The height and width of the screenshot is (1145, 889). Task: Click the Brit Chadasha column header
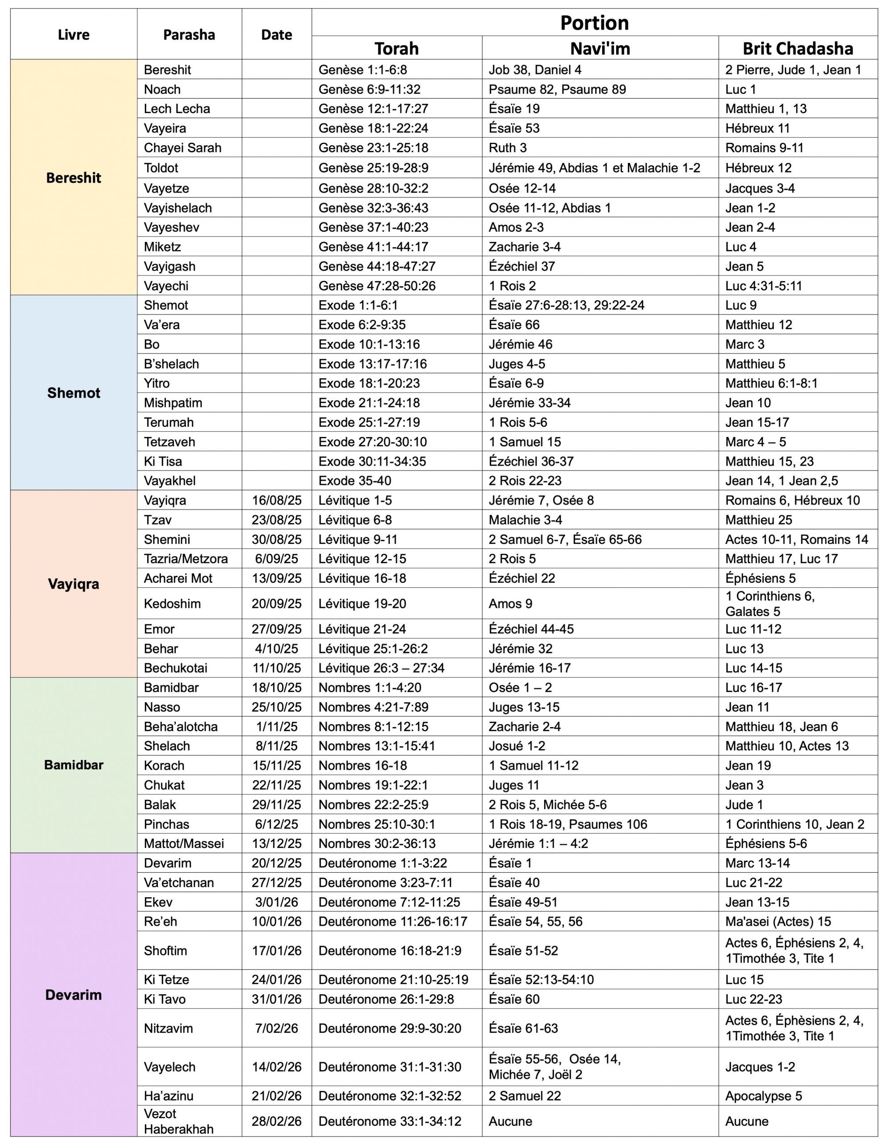797,49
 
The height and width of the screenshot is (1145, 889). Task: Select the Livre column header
73,34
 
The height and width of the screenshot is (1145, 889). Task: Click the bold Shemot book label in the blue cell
73,393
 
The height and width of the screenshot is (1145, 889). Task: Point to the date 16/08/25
276,500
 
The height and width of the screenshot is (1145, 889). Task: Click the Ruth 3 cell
508,148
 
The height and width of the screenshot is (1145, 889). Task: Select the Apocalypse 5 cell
763,1096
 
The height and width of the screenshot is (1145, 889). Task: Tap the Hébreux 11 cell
757,128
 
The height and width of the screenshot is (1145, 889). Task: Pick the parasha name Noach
162,89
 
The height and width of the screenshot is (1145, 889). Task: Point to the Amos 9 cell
510,603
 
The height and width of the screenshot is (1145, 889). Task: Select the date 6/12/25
276,824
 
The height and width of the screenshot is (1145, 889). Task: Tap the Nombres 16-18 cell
362,765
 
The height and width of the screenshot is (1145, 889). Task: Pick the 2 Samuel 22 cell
524,1096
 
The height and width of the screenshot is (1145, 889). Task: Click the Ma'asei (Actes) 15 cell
778,921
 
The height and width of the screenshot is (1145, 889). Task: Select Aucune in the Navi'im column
510,1121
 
